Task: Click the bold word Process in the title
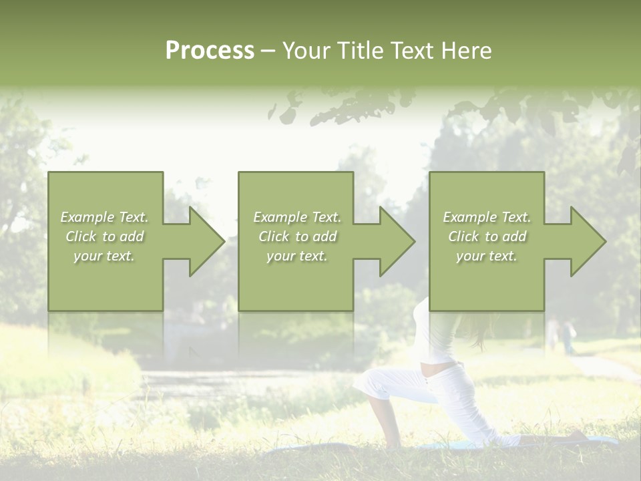210,51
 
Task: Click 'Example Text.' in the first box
104,217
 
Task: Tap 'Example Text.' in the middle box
296,217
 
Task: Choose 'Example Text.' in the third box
487,217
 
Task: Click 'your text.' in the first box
104,256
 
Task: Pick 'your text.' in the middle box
296,256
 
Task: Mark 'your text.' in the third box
487,256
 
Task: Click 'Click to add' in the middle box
296,236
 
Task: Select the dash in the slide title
268,51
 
